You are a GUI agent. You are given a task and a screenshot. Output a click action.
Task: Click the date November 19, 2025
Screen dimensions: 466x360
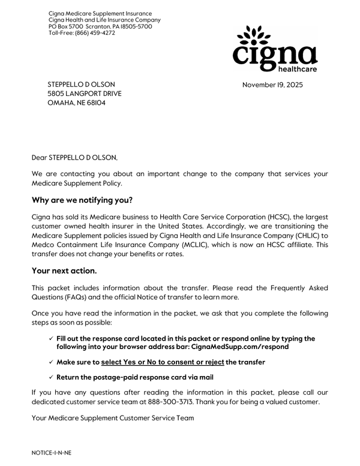272,85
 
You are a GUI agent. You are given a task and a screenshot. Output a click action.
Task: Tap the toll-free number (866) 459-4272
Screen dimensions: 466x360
95,33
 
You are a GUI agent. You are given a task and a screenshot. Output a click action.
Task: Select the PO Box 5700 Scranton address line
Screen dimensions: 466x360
100,26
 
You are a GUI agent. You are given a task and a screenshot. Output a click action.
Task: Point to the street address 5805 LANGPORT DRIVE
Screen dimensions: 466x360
84,94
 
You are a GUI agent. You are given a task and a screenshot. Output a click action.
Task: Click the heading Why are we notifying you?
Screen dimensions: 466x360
82,200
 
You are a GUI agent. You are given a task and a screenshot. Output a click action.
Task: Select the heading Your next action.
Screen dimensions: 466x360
64,270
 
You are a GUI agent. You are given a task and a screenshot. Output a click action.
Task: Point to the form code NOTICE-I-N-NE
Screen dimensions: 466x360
52,453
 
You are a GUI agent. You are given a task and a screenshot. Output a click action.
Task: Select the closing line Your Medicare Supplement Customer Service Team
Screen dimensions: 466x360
113,417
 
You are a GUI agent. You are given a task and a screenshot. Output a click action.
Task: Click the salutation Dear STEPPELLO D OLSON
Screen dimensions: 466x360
75,158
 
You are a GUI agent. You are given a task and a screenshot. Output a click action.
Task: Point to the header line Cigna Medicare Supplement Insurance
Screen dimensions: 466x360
100,13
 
